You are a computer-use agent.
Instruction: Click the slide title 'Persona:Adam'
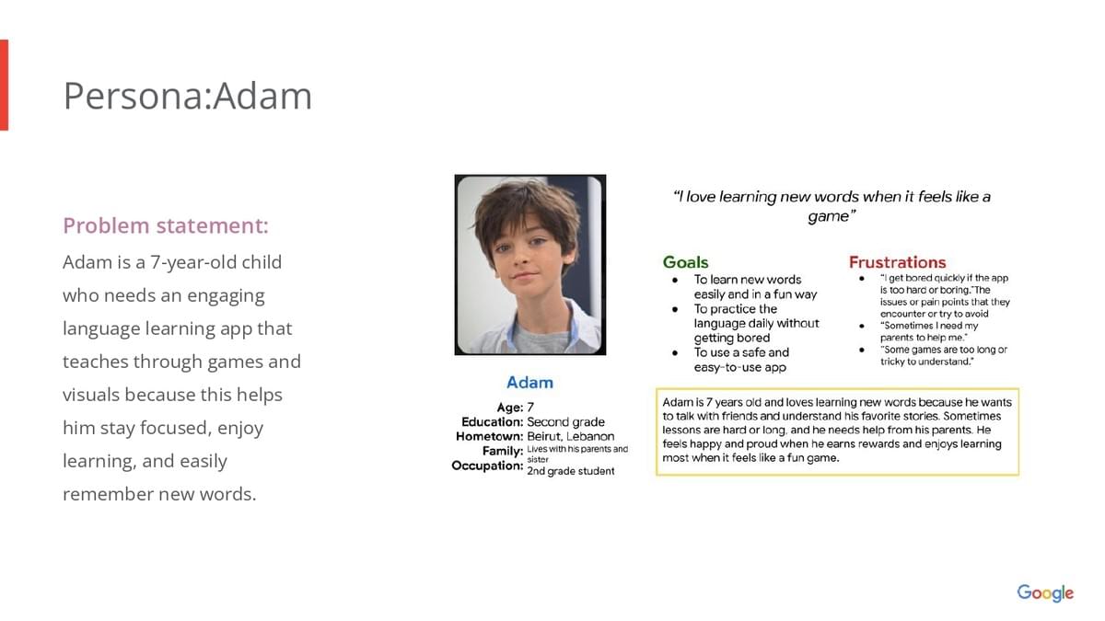188,96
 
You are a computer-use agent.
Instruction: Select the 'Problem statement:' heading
166,225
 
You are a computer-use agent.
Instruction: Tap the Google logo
1045,592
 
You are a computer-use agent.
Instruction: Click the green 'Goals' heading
685,262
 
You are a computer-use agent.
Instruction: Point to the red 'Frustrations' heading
897,262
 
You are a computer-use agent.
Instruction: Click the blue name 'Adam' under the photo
529,383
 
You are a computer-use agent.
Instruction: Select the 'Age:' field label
510,408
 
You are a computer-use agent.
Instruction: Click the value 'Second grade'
565,422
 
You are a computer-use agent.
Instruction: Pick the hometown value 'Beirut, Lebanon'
571,437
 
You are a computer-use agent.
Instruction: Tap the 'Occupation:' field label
487,466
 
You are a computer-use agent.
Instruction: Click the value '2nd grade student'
571,471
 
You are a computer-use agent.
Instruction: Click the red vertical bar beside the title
4,85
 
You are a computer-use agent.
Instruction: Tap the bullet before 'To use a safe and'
675,353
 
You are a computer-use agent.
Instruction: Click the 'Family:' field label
503,451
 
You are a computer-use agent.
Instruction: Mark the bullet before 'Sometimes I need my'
861,326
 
